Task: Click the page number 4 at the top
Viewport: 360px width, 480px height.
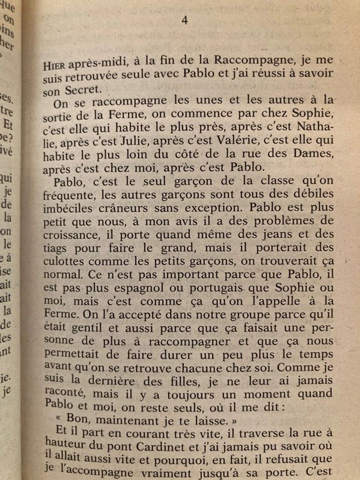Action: point(185,20)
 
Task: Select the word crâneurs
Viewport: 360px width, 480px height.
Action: point(120,208)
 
